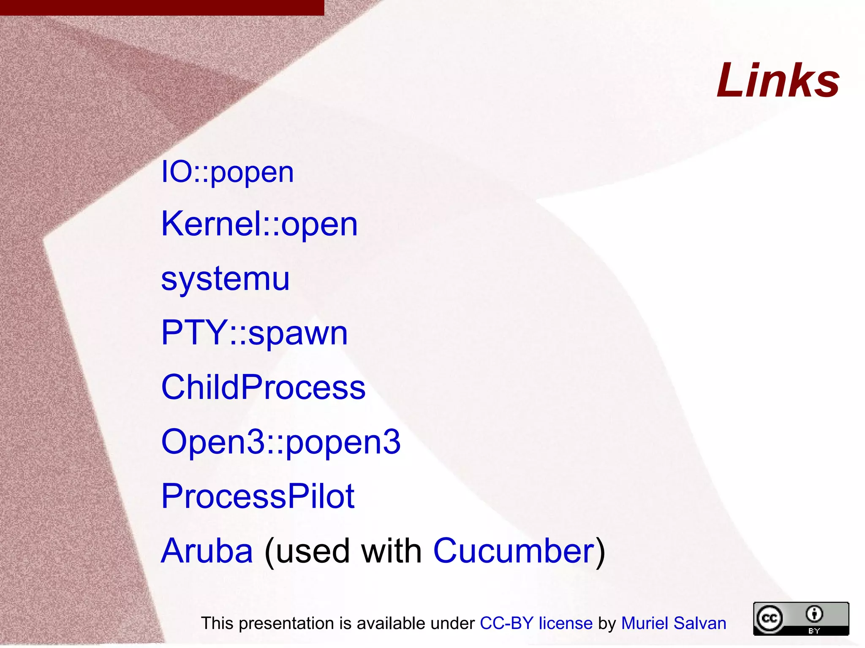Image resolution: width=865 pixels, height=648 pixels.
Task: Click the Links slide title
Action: [x=778, y=80]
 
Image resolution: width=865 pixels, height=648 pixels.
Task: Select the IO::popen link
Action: [x=227, y=172]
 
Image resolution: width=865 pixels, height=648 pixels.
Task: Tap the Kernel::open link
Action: [x=259, y=224]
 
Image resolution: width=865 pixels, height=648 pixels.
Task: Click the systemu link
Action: [x=225, y=279]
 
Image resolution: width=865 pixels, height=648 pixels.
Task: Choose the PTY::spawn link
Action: [x=254, y=333]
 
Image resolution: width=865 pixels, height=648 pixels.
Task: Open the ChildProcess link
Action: [x=263, y=387]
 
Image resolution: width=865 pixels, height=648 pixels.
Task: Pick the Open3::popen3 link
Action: [x=281, y=442]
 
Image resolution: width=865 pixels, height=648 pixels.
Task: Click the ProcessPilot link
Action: [x=258, y=496]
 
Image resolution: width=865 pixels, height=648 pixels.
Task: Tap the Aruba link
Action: [x=207, y=551]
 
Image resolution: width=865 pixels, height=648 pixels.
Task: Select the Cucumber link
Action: [x=514, y=551]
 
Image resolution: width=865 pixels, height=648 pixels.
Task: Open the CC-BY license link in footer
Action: [x=536, y=623]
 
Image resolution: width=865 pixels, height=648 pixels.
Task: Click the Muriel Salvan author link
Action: [x=673, y=623]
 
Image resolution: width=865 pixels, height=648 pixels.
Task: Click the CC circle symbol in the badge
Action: [x=769, y=618]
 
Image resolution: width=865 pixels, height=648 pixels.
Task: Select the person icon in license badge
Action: [x=814, y=614]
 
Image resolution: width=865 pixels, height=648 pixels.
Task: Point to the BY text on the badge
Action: [x=814, y=631]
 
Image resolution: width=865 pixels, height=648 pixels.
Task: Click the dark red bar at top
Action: [x=162, y=8]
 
